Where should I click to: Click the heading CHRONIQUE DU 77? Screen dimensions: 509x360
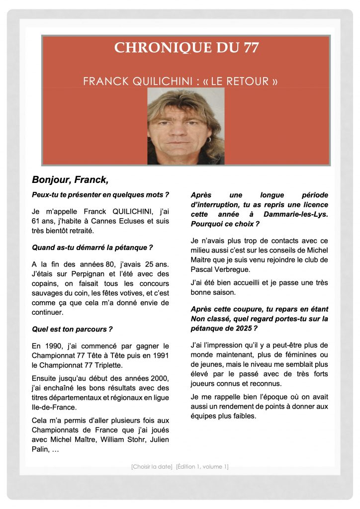click(186, 48)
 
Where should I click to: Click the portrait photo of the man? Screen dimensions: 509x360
click(185, 126)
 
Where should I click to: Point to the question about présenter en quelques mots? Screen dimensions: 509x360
click(100, 194)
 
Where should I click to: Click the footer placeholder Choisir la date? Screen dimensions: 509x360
click(152, 466)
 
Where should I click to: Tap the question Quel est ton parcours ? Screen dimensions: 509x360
click(73, 329)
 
